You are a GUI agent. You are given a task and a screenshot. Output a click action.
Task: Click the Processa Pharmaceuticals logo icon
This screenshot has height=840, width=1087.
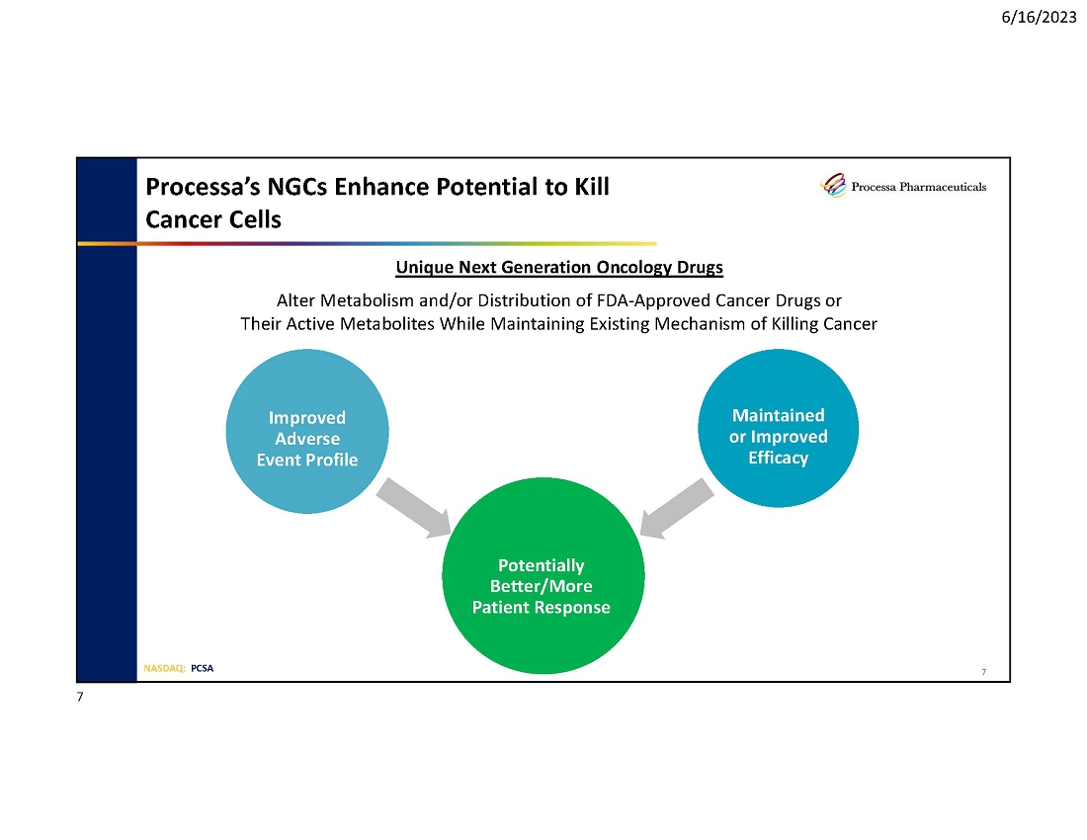(x=834, y=186)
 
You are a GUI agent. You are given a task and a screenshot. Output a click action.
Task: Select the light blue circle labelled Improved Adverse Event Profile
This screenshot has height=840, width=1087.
(x=306, y=435)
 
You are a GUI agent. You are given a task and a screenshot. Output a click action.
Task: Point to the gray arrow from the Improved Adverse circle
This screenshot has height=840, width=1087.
(x=413, y=509)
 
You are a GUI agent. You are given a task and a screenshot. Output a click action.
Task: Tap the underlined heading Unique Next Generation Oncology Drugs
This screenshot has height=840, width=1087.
(x=559, y=268)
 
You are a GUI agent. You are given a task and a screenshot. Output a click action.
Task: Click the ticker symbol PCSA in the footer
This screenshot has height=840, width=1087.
(x=202, y=668)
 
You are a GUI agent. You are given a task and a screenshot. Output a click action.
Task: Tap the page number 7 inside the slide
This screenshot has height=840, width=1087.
(x=983, y=673)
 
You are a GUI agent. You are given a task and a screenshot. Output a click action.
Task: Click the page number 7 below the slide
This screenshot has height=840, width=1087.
(x=80, y=698)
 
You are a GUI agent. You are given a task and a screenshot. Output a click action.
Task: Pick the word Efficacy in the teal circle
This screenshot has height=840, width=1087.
(x=778, y=458)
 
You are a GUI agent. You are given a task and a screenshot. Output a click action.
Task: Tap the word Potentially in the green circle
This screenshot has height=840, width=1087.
(x=542, y=565)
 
